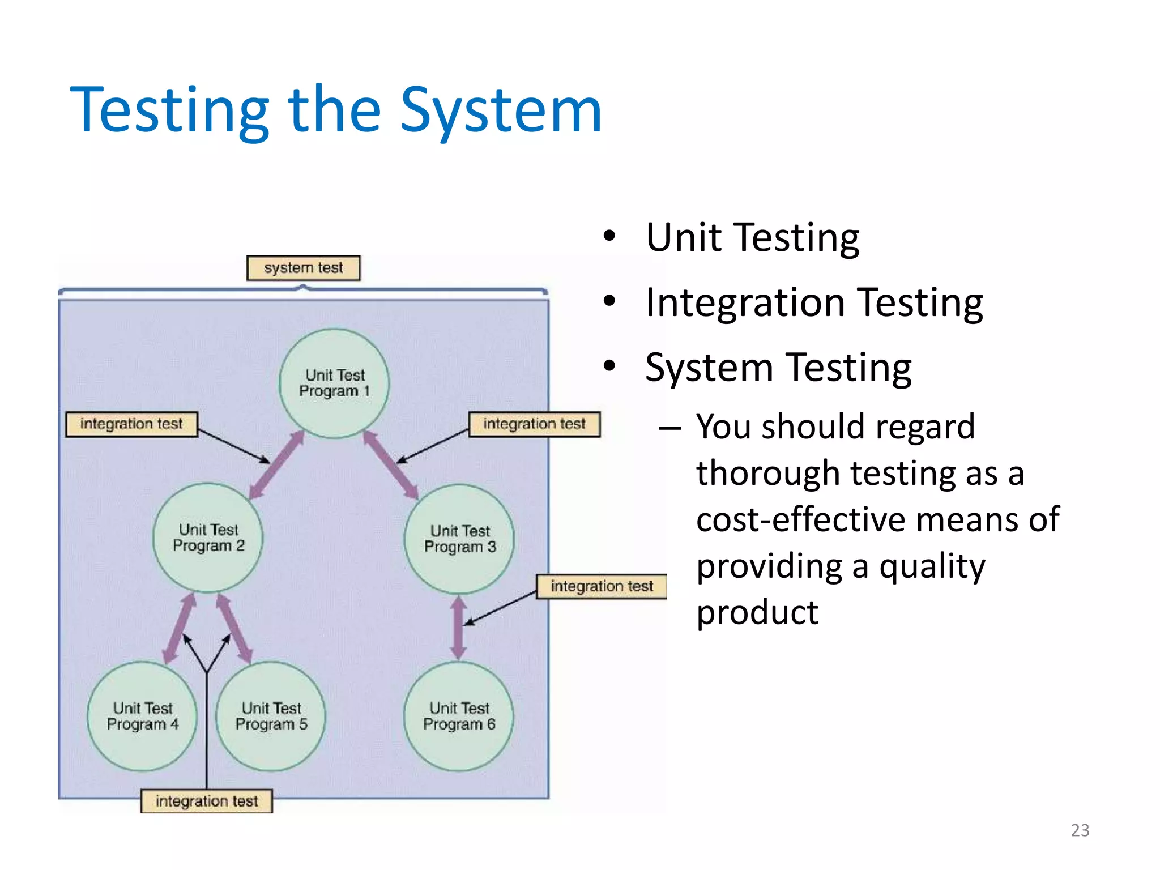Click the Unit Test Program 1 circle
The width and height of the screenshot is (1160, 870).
tap(334, 383)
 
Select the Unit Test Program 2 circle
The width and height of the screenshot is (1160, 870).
tap(208, 538)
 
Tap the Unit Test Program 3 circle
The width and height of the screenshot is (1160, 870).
tap(459, 539)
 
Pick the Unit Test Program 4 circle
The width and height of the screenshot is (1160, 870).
tap(142, 717)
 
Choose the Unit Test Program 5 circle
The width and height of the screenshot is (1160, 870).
tap(271, 717)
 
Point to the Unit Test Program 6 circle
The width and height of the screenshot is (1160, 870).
tap(459, 717)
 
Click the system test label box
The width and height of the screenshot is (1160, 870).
tap(303, 268)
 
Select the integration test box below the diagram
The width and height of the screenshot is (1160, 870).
tap(207, 801)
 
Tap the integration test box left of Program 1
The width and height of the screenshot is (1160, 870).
tap(131, 424)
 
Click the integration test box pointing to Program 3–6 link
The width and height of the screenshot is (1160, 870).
tap(602, 586)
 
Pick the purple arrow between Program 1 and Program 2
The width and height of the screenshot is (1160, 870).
tap(278, 464)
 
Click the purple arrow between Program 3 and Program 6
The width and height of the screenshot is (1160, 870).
tap(458, 628)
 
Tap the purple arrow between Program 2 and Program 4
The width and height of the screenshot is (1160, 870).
tap(180, 628)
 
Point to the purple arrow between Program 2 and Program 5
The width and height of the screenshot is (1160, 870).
tap(233, 628)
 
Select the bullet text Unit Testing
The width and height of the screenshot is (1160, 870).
tap(752, 238)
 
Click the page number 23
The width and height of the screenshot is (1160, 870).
tap(1080, 830)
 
